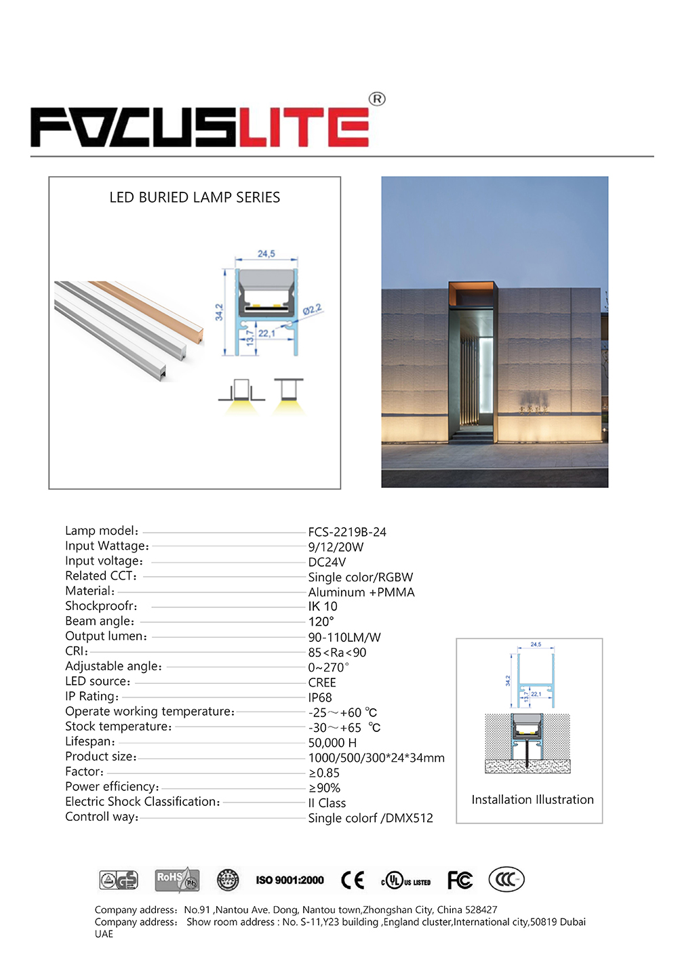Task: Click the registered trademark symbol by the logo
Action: tap(377, 99)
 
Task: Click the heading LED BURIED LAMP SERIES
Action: tap(195, 197)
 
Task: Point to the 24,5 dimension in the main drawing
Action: tap(266, 253)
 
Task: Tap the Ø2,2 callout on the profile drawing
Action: tap(312, 310)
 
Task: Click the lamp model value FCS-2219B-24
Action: tap(347, 532)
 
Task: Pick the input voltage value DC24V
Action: tap(327, 562)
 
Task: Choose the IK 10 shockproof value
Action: tap(323, 607)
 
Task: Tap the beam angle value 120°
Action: tap(321, 622)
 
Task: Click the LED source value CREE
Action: tap(322, 682)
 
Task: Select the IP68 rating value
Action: tap(320, 697)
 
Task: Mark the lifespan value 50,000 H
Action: tap(332, 743)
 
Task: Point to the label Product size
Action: tap(100, 756)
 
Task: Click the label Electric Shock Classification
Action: tap(142, 802)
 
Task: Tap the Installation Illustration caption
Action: tap(532, 800)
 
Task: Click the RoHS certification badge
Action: tap(177, 880)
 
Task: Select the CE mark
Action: tap(353, 880)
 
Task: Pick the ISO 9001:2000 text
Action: tap(290, 880)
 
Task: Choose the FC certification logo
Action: tap(460, 880)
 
